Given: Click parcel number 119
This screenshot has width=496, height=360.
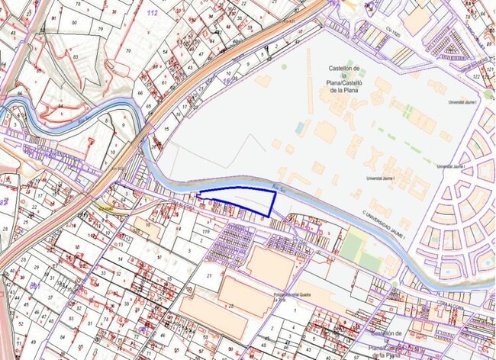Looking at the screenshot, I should coord(206,230).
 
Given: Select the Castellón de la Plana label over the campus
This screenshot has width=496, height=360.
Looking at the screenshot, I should coord(343,79).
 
